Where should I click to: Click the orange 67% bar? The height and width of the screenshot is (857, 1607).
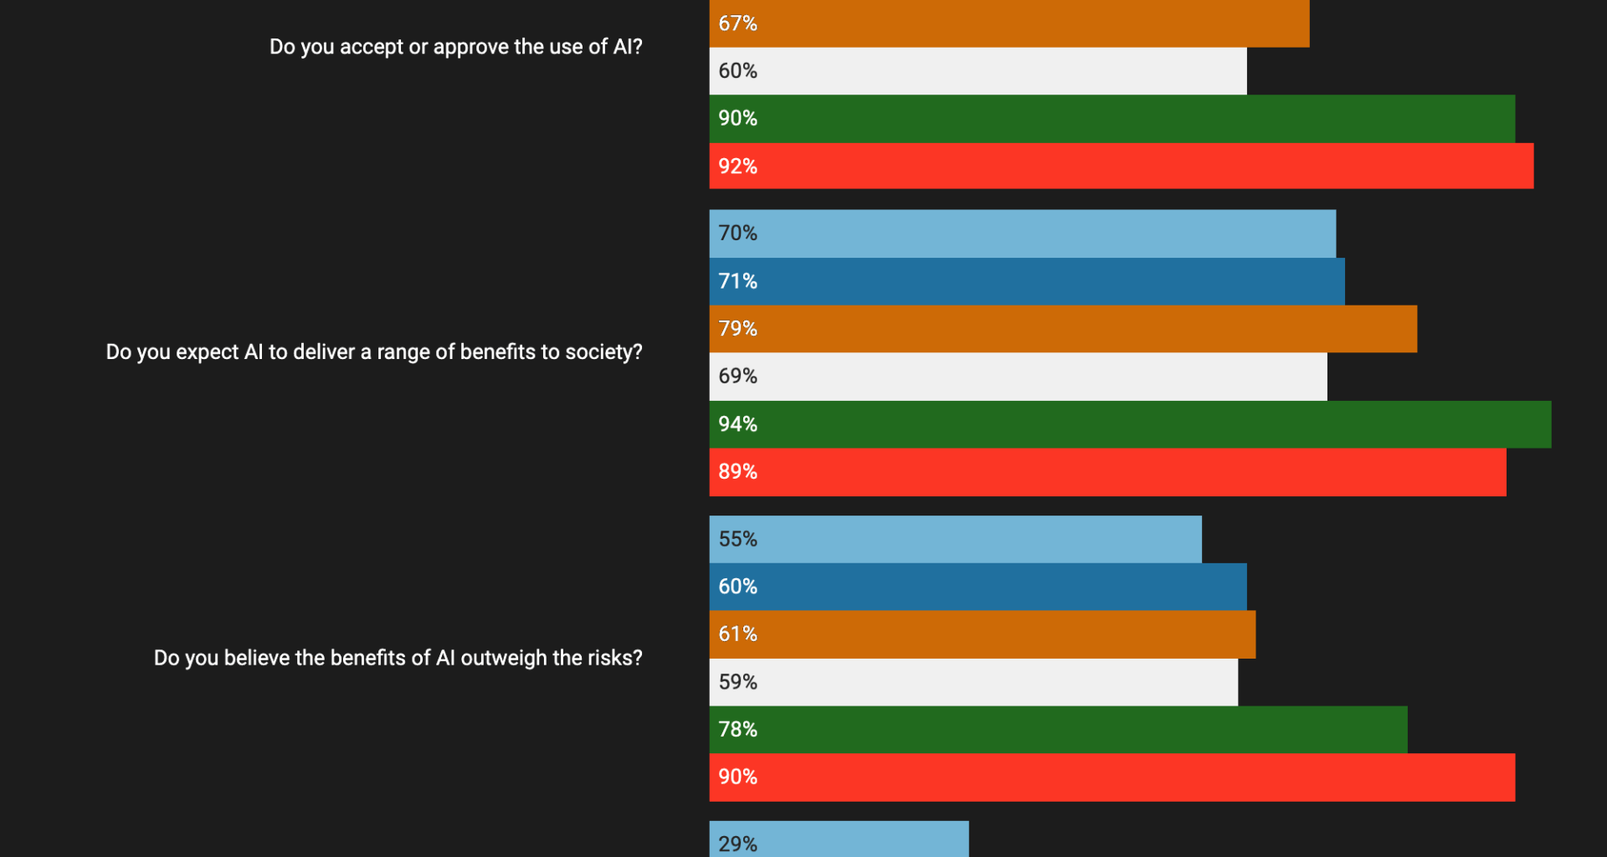[x=1009, y=23]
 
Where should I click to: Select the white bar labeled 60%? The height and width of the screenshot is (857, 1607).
[x=978, y=71]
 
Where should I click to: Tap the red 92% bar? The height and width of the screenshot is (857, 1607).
[x=1121, y=166]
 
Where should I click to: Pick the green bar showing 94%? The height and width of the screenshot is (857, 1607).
[x=1130, y=424]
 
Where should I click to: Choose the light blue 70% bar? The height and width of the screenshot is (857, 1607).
[x=1022, y=233]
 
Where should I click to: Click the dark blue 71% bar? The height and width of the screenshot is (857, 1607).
[x=1027, y=281]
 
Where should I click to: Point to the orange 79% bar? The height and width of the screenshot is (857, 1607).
[x=1063, y=329]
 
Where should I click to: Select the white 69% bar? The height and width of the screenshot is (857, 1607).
[x=1018, y=377]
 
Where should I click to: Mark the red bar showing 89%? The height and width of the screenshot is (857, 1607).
[x=1107, y=472]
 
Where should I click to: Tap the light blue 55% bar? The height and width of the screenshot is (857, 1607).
[x=955, y=539]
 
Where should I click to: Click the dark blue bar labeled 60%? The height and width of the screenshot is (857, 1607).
[x=978, y=587]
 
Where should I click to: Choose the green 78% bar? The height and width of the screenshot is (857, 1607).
[x=1058, y=730]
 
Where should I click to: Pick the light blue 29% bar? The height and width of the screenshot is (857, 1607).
[x=839, y=839]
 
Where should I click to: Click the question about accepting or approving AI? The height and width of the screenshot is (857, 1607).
[x=455, y=47]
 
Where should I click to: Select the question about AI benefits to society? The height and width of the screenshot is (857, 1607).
[x=373, y=352]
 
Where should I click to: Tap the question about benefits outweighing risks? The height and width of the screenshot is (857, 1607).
[x=398, y=659]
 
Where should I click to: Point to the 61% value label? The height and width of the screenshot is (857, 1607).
[x=737, y=634]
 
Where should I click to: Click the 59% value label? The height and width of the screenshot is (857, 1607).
[x=737, y=682]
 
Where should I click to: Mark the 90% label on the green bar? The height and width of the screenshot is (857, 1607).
[x=737, y=119]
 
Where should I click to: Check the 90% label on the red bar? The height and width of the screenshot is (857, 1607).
[x=737, y=777]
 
